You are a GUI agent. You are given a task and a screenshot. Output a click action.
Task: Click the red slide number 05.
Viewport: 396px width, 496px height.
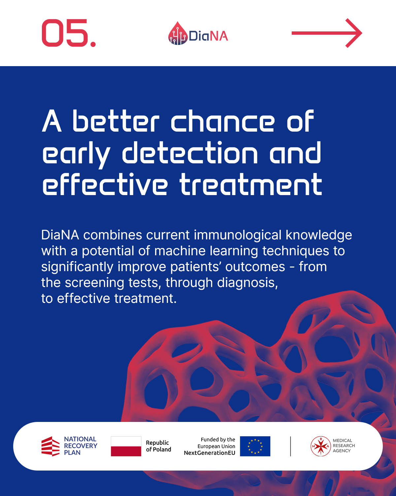click(x=69, y=33)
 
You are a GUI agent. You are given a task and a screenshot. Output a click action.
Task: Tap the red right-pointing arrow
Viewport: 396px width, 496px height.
click(x=327, y=33)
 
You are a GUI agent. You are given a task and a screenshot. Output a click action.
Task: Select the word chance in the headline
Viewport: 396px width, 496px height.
click(x=222, y=121)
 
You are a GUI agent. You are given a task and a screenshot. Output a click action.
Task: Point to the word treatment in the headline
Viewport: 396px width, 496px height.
click(x=251, y=185)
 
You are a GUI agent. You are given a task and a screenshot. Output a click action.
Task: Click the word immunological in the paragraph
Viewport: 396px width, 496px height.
click(x=238, y=235)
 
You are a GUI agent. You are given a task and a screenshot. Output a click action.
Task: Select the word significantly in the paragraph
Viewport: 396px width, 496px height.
click(x=77, y=267)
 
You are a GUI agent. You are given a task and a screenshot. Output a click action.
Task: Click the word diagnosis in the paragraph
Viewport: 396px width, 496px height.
click(x=247, y=283)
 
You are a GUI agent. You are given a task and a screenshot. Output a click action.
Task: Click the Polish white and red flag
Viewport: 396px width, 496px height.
click(x=126, y=446)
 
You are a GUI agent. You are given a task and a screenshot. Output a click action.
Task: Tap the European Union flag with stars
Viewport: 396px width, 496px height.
click(x=255, y=446)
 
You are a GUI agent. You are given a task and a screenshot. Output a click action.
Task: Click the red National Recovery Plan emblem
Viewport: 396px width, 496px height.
click(x=50, y=446)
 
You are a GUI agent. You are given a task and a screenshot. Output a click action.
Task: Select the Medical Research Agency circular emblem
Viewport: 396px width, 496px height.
click(x=321, y=446)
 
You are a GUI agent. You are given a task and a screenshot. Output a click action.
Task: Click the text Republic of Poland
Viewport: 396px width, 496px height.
click(x=158, y=446)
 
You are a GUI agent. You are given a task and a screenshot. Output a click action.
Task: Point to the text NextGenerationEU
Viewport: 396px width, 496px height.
click(x=210, y=453)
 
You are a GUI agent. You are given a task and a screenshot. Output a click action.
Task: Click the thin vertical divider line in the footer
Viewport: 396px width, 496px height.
click(x=291, y=446)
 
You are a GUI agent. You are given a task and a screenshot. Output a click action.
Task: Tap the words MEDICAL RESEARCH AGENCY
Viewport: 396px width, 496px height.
click(x=344, y=446)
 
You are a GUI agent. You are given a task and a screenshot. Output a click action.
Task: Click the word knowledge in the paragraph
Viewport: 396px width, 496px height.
click(x=319, y=235)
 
